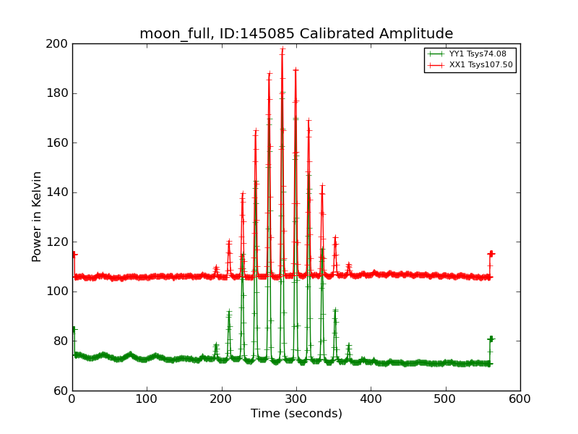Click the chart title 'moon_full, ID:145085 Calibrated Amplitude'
click(296, 34)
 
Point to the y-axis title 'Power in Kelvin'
click(37, 216)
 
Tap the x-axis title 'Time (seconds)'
click(296, 414)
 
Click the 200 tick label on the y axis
click(57, 44)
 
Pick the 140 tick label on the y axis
click(57, 192)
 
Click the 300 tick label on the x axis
click(296, 399)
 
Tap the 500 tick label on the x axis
click(446, 399)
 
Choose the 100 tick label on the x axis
click(147, 399)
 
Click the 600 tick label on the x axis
click(520, 399)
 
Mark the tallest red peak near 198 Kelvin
click(282, 49)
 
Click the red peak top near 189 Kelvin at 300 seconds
click(296, 70)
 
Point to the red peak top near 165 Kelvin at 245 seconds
click(256, 131)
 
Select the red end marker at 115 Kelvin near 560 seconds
click(491, 254)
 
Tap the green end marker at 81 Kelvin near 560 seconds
click(491, 339)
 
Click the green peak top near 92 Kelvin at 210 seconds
click(229, 312)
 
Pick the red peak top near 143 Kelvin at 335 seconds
click(322, 185)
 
